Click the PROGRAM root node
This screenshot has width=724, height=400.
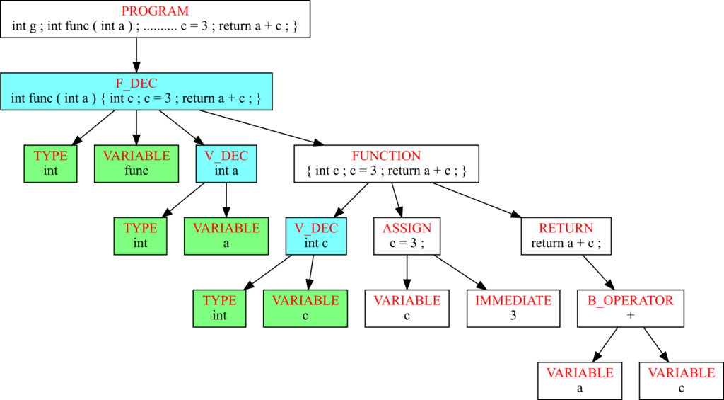click(x=154, y=19)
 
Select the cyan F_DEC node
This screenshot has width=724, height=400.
click(x=136, y=91)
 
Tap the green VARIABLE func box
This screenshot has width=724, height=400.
click(x=136, y=164)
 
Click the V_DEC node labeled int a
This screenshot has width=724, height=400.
click(x=226, y=164)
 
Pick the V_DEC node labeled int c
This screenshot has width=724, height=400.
click(x=316, y=236)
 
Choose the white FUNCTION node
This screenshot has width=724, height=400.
click(x=387, y=164)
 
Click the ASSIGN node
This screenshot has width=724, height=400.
click(x=407, y=236)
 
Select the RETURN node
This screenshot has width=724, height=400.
click(x=566, y=236)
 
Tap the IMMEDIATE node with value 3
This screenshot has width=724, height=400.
click(x=513, y=309)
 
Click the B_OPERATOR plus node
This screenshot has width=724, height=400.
click(x=630, y=309)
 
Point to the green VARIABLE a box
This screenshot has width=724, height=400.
click(x=226, y=236)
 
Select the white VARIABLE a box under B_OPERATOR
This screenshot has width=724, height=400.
click(x=580, y=381)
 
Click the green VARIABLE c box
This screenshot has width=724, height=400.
click(x=305, y=309)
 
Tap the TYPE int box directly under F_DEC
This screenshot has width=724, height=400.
click(x=50, y=164)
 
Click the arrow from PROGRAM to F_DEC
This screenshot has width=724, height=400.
click(x=136, y=55)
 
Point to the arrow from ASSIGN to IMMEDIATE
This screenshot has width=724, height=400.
click(x=460, y=273)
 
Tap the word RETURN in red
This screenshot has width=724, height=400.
click(x=566, y=228)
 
